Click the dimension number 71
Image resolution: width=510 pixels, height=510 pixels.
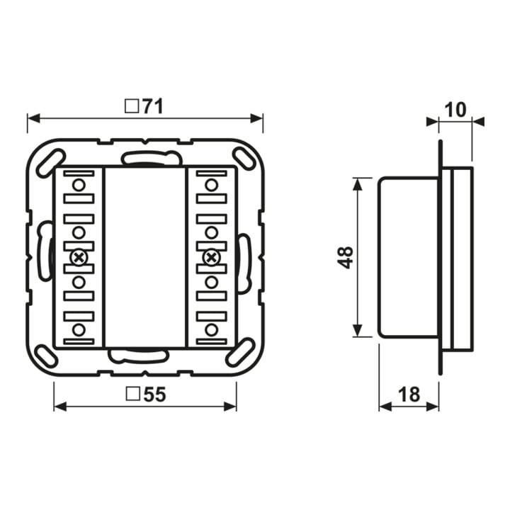152,106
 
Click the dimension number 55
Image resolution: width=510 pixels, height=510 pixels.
154,395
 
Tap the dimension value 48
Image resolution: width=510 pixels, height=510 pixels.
346,257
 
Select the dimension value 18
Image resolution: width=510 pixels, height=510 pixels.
409,395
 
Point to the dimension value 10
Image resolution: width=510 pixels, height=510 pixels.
455,110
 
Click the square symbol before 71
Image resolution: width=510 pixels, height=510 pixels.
132,106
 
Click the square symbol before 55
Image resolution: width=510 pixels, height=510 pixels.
132,394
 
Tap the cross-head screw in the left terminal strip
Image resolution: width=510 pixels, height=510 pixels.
79,258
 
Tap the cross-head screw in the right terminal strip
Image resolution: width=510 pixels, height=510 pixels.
211,258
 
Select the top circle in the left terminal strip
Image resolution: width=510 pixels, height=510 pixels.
79,186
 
